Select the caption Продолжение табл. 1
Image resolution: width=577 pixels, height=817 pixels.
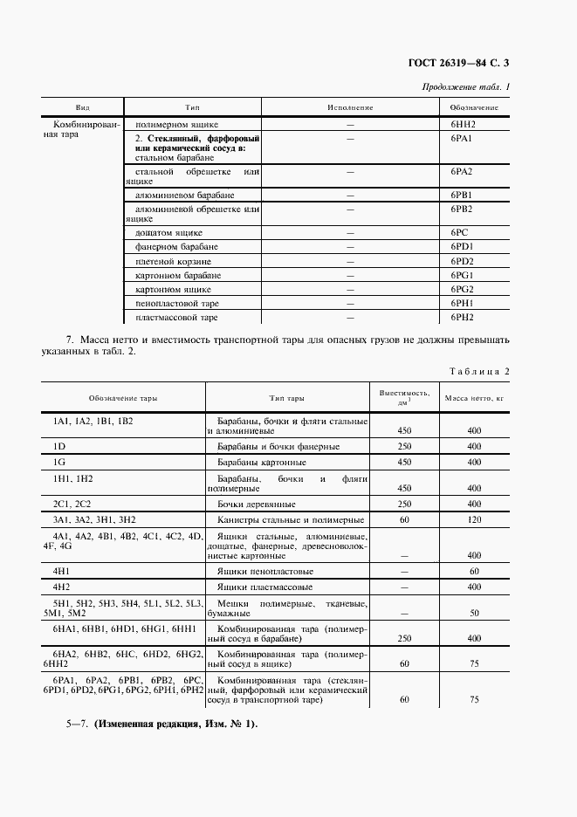[x=465, y=87]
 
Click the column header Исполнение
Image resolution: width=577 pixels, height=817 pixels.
[x=350, y=107]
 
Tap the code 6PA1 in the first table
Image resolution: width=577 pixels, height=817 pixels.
[x=462, y=139]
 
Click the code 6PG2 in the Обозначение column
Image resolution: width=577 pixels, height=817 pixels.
[x=462, y=289]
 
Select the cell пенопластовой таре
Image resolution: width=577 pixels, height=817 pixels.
[x=177, y=303]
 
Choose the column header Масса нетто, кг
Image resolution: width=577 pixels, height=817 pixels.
[x=474, y=398]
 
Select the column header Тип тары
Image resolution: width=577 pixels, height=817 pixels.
[x=286, y=398]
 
